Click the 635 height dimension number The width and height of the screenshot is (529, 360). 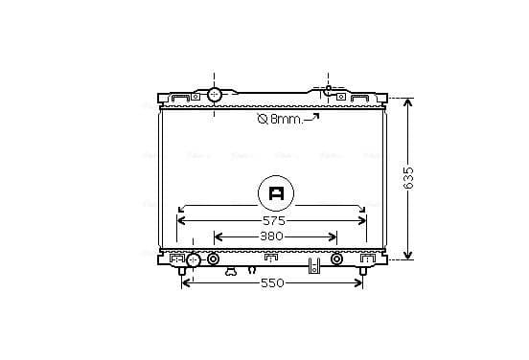coord(408,178)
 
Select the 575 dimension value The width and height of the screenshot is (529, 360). coord(274,221)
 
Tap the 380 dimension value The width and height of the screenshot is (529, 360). coord(271,236)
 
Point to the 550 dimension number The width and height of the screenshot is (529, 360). coord(272,283)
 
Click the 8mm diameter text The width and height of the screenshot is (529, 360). coord(287,119)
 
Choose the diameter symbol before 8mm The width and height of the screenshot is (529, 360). coord(263,119)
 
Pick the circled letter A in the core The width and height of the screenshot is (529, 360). coord(276,193)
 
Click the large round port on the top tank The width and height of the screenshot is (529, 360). coord(214,95)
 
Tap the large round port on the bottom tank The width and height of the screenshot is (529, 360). coord(194,259)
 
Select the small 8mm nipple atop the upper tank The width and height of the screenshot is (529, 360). coord(329,89)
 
